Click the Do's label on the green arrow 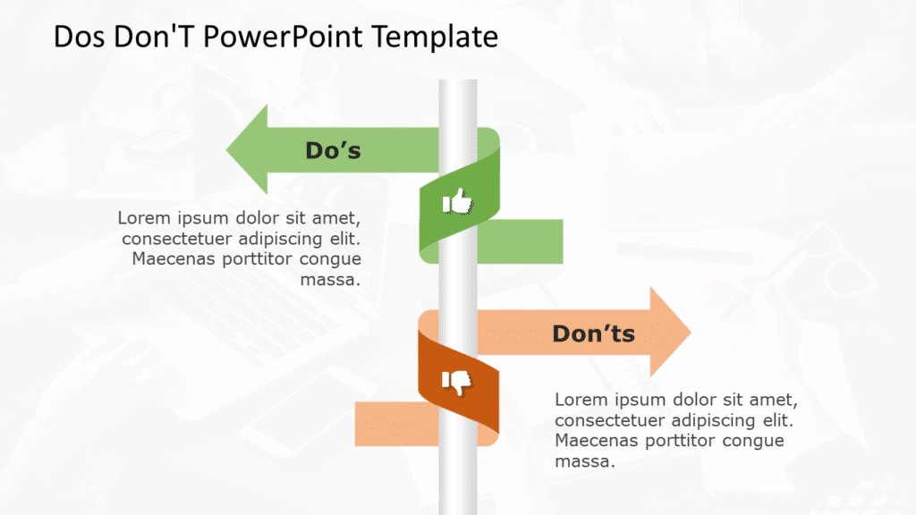point(333,150)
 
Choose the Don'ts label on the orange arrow point(593,333)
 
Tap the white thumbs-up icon point(458,203)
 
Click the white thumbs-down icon point(457,384)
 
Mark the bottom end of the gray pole point(457,510)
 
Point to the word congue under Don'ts point(751,441)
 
